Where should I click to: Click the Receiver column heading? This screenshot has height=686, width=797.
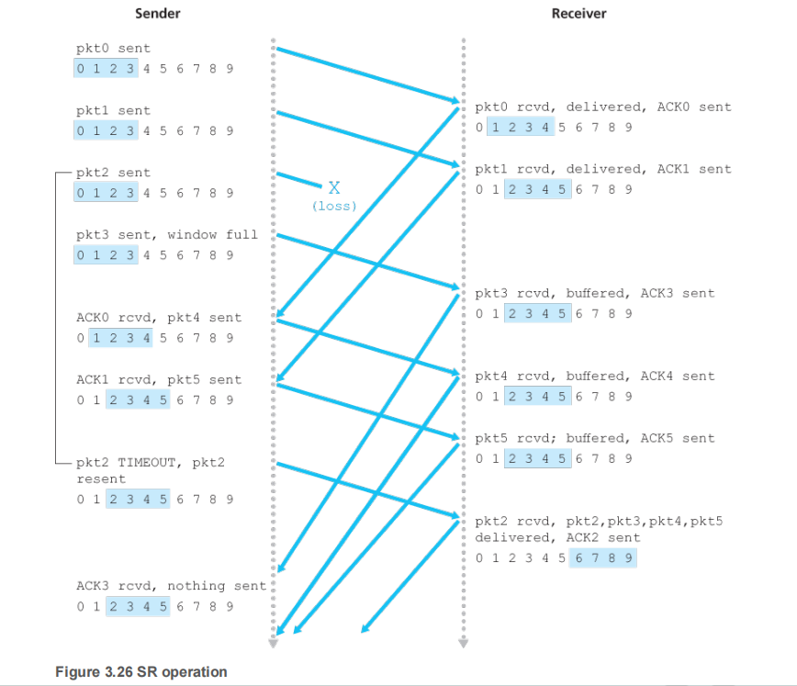[578, 14]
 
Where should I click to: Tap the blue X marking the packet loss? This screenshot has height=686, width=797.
[334, 188]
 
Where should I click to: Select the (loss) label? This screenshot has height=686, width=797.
[334, 207]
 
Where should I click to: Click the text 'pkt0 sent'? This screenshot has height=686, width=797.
[113, 48]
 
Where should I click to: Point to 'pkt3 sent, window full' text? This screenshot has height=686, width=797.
[167, 234]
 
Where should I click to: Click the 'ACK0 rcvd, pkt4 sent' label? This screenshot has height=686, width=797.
[159, 318]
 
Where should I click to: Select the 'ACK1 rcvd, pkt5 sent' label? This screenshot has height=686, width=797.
[159, 379]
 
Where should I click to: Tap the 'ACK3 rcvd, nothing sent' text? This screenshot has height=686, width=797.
[171, 585]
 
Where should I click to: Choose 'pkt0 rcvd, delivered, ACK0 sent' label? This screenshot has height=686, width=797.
[603, 107]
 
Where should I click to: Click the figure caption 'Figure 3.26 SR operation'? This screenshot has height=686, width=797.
[141, 672]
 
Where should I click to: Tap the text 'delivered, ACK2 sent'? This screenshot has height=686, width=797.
[557, 537]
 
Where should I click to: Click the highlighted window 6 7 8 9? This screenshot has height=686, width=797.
[602, 557]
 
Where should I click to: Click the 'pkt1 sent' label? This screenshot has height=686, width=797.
[113, 110]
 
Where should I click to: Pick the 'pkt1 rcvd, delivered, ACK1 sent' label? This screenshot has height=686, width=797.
[603, 169]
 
